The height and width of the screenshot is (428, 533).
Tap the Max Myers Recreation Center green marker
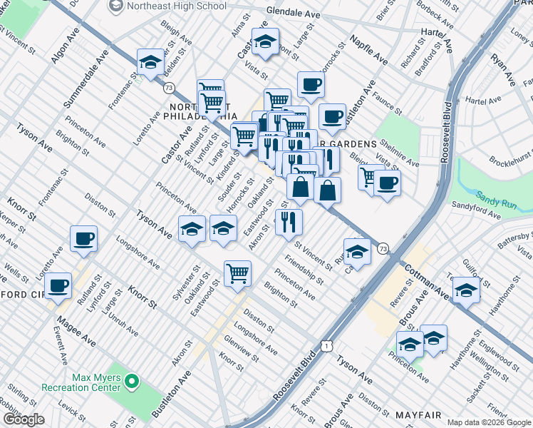click(x=130, y=382)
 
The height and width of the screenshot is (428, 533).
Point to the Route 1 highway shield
click(x=326, y=346)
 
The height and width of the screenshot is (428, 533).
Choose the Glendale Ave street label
click(x=293, y=12)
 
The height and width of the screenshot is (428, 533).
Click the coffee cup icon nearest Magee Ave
click(x=58, y=286)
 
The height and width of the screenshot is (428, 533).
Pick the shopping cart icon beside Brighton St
click(x=237, y=272)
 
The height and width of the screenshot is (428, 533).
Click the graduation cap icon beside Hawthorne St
click(x=466, y=291)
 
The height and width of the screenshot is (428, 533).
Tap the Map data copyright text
click(x=489, y=422)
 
